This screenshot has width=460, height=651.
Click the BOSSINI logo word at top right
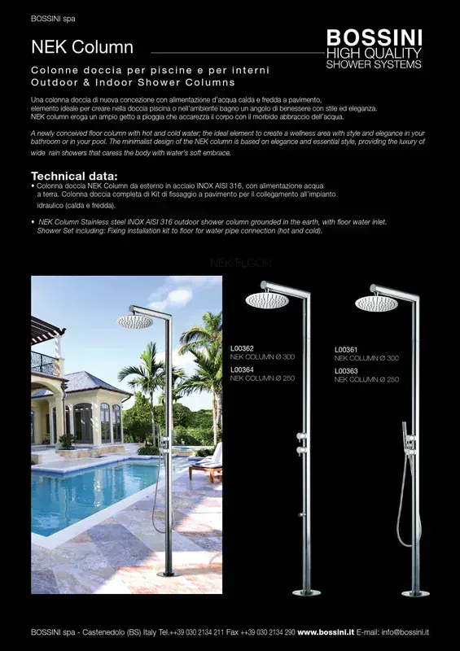pyautogui.click(x=374, y=37)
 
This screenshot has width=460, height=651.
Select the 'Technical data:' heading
pyautogui.click(x=74, y=177)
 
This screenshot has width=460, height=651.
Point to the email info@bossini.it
pyautogui.click(x=405, y=632)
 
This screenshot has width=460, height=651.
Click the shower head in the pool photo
pyautogui.click(x=135, y=322)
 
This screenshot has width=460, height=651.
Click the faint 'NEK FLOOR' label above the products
pyautogui.click(x=240, y=264)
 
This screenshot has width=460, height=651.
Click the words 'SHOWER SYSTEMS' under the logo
pyautogui.click(x=374, y=63)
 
